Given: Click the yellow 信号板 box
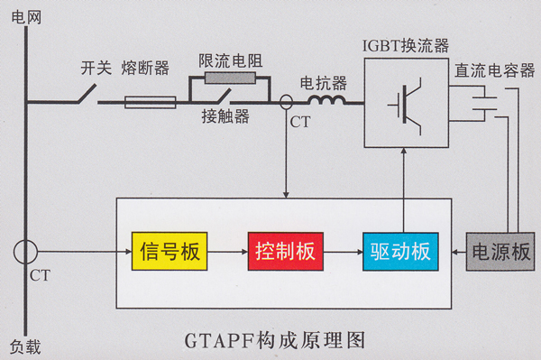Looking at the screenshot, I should click(170, 251).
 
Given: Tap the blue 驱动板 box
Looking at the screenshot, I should click(399, 251).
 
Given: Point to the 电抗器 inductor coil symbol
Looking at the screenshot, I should click(326, 101).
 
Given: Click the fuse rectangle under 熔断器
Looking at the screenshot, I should click(150, 102).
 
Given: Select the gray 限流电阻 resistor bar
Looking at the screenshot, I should click(230, 78).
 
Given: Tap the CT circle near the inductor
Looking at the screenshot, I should click(287, 102).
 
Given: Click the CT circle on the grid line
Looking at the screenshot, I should click(26, 250).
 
